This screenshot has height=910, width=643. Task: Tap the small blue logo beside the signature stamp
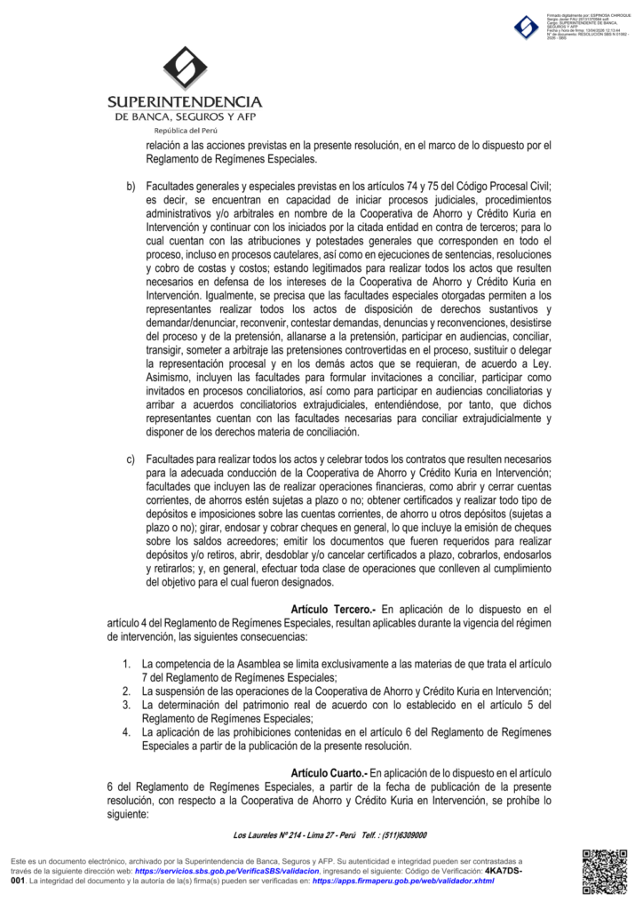(x=527, y=28)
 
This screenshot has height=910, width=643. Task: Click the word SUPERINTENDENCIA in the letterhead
(x=184, y=102)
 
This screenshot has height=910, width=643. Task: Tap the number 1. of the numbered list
(x=128, y=664)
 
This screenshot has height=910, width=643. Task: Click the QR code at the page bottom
(x=604, y=872)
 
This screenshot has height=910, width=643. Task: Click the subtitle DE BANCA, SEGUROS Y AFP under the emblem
(x=184, y=117)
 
